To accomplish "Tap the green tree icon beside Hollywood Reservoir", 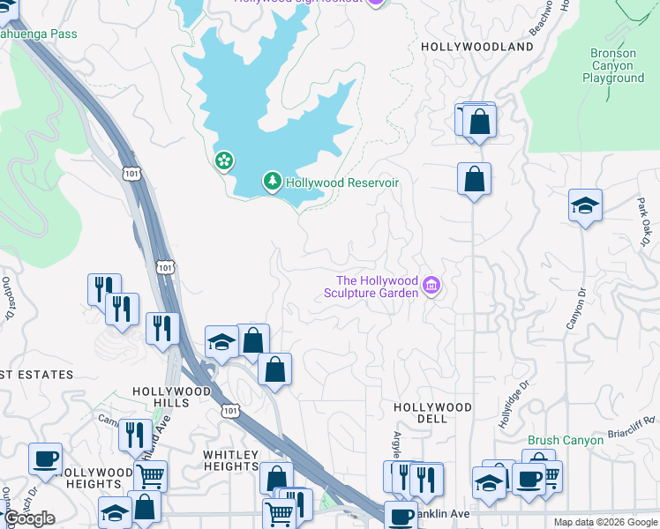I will [x=273, y=183].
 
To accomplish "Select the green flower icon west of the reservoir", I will [x=224, y=160].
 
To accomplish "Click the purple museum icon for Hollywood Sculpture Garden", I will [x=431, y=285].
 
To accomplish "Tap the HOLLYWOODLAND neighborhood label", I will [x=477, y=46].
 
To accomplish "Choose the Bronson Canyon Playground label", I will [x=612, y=66].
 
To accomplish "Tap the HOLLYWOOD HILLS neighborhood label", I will [x=171, y=397].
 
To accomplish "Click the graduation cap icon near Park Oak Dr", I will [x=585, y=205].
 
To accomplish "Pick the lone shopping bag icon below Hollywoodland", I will [x=474, y=178].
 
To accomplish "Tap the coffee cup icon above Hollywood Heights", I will [x=45, y=458].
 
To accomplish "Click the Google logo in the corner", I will [x=29, y=518].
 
